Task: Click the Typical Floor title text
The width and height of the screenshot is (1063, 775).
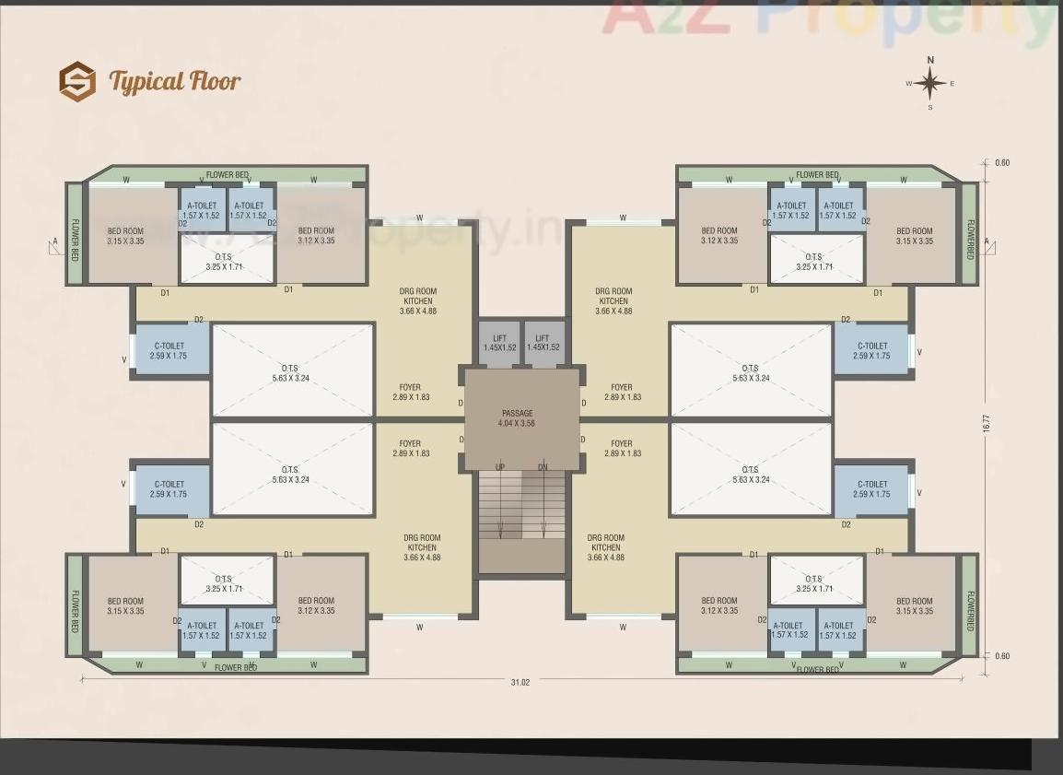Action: coord(175,81)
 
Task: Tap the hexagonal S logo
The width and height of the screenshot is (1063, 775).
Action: coord(77,81)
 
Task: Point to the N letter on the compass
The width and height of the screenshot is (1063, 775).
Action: coord(930,60)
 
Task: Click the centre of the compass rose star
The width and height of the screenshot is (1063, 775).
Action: coord(930,84)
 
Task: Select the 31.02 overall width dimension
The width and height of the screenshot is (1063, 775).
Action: coord(520,682)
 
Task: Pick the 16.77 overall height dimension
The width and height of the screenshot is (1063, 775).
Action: coord(986,423)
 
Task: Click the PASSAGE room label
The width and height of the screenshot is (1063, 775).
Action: coord(518,413)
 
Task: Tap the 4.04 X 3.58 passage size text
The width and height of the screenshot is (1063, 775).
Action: coord(518,423)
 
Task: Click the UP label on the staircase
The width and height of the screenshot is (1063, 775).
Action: coord(500,467)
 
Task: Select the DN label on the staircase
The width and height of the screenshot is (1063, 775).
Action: coord(543,467)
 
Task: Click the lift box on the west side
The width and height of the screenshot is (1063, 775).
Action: coord(500,344)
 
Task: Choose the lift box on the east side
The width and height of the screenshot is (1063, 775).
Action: coord(543,344)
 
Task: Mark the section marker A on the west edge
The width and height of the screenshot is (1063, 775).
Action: coord(55,243)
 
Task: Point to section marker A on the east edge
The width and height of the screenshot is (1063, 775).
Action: coord(987,242)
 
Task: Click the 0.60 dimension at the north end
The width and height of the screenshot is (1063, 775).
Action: coord(1002,163)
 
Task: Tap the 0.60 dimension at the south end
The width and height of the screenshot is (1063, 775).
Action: coord(1002,656)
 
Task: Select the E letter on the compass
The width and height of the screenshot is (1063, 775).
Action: coord(952,84)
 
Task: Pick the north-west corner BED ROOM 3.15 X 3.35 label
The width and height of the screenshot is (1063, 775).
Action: coord(125,236)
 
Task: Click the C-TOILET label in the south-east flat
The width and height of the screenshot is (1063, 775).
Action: coord(871,488)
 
